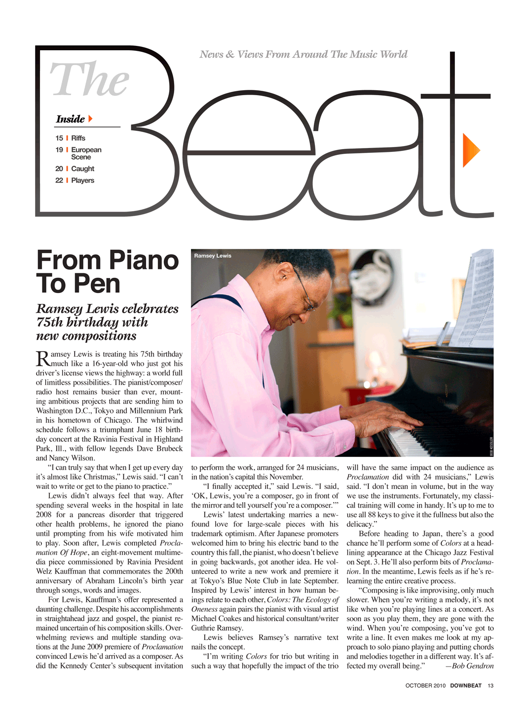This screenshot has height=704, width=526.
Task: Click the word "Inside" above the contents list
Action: (x=70, y=119)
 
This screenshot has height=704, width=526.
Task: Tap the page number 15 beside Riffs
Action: (x=59, y=138)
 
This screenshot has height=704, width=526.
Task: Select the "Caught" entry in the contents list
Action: (x=82, y=169)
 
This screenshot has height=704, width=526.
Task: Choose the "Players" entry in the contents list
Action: (x=82, y=181)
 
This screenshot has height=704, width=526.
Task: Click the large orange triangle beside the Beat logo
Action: (x=470, y=150)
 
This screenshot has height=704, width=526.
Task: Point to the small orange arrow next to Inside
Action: (x=90, y=119)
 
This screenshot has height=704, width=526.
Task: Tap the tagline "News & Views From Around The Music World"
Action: (x=303, y=54)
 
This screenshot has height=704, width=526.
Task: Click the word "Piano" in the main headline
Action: (x=143, y=260)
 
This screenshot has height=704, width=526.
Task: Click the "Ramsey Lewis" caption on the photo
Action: (x=213, y=256)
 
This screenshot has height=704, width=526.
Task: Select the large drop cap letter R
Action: (x=42, y=359)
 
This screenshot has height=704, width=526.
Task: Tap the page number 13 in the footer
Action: (x=490, y=685)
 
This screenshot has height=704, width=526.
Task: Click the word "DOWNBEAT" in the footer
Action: (x=466, y=685)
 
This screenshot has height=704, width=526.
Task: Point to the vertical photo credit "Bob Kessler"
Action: (x=491, y=446)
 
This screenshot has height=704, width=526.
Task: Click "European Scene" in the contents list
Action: (x=86, y=153)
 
